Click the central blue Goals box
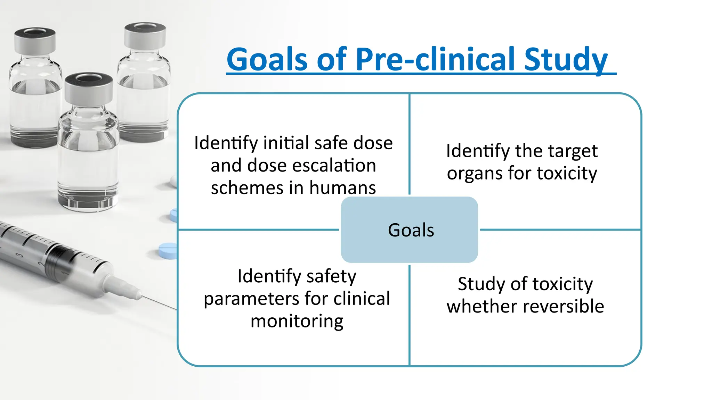410,230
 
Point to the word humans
342,188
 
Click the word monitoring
297,321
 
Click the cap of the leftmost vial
35,40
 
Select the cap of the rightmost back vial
145,35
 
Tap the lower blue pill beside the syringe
168,251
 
